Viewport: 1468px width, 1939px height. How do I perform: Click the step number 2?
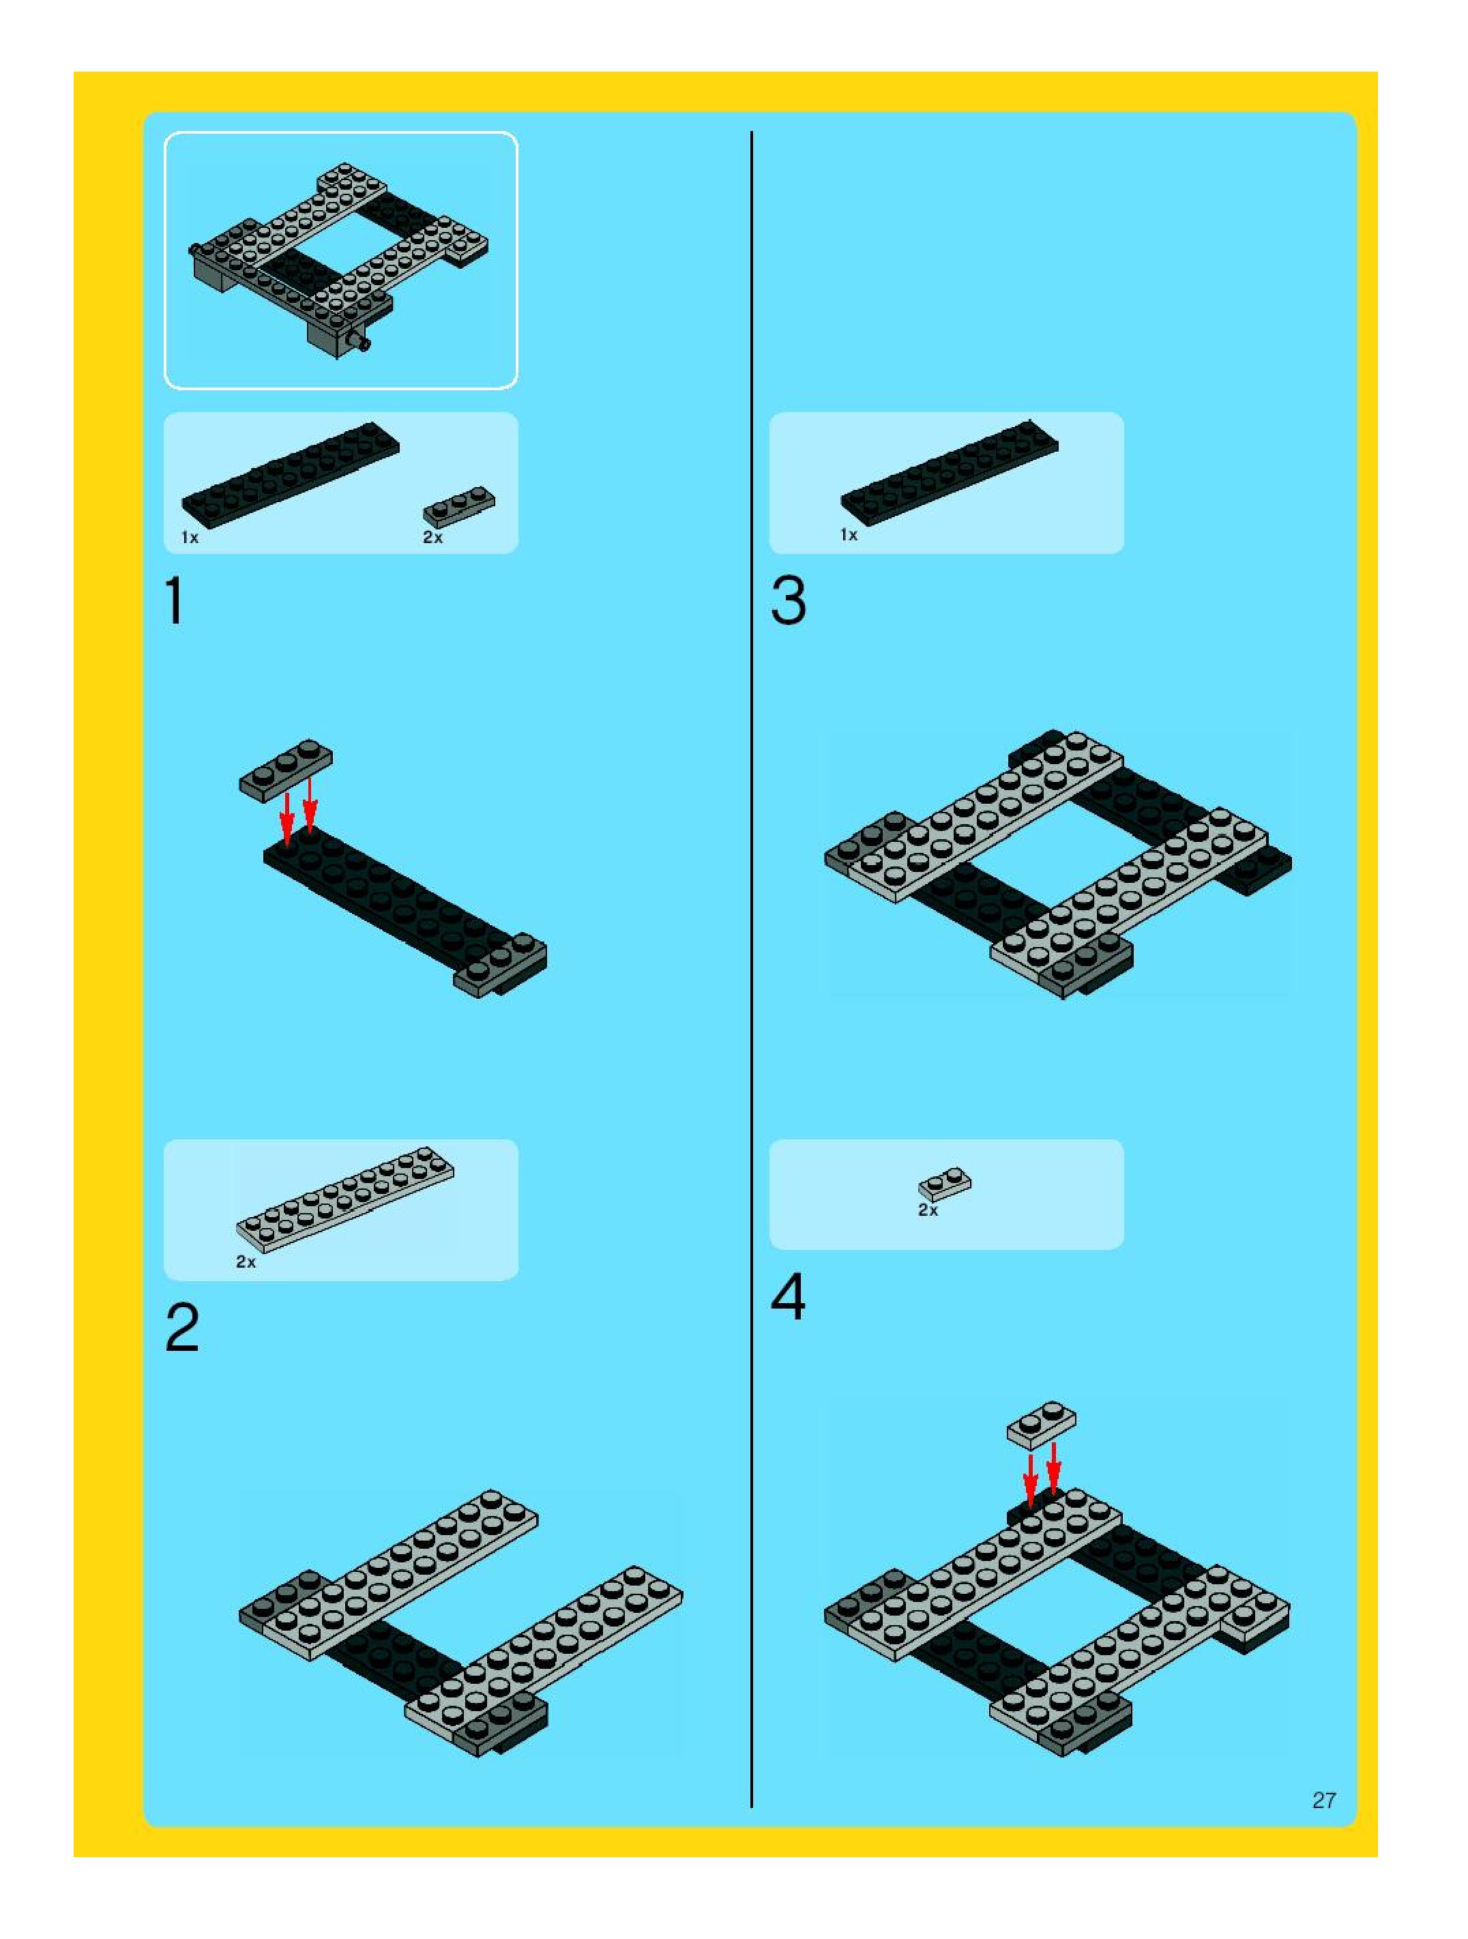[182, 1328]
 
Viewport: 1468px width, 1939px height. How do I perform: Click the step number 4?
[788, 1298]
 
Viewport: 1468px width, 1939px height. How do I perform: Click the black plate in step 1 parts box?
[290, 474]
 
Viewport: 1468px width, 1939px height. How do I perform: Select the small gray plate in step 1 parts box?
[458, 507]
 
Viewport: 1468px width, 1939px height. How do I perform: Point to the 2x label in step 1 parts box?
[433, 538]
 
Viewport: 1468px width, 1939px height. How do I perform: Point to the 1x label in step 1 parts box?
[190, 538]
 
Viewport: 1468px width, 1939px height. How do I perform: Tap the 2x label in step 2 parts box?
[246, 1262]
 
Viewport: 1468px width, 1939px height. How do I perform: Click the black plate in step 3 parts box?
[949, 473]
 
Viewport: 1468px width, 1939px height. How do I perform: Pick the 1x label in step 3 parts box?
[849, 535]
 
